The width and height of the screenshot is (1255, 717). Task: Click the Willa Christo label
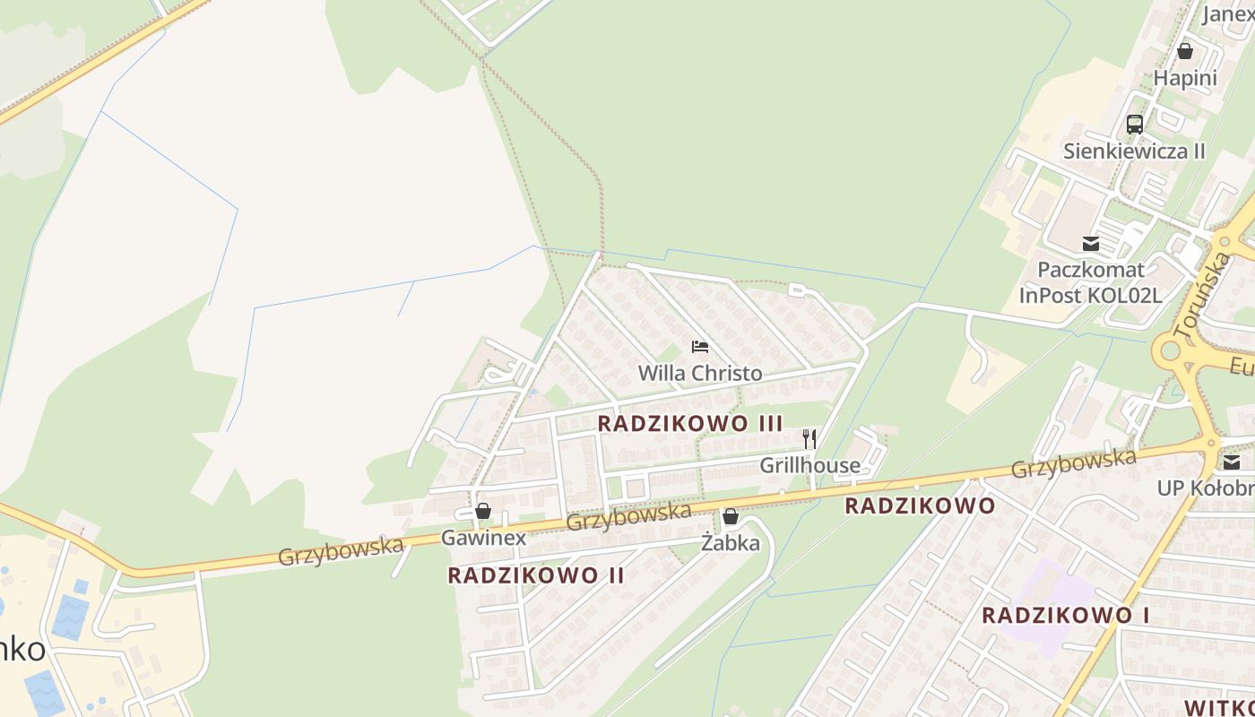click(700, 373)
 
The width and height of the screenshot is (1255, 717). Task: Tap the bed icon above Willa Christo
click(700, 347)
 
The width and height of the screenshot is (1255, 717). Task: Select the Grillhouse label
click(809, 465)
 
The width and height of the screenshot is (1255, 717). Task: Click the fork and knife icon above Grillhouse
click(809, 438)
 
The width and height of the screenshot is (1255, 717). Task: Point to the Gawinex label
click(483, 538)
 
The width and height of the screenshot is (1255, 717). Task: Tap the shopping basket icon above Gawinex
click(483, 511)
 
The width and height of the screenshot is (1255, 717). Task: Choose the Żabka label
click(731, 543)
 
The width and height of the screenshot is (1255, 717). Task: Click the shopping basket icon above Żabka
click(731, 516)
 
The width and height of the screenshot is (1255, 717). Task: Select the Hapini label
click(1185, 78)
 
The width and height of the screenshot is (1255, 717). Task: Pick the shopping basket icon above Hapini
click(1185, 51)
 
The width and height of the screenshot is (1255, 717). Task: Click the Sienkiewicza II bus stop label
click(1134, 151)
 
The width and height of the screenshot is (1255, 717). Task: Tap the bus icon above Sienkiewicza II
click(1134, 125)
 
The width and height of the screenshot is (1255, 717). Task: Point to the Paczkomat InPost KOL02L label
click(1090, 282)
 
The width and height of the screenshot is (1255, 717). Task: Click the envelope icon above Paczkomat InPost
click(1090, 243)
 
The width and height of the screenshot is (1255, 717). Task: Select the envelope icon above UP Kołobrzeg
click(1232, 462)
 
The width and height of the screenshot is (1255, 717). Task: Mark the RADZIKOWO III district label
click(690, 423)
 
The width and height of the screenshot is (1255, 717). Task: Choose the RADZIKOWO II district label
click(536, 575)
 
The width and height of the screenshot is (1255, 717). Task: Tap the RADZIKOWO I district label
click(1066, 616)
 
